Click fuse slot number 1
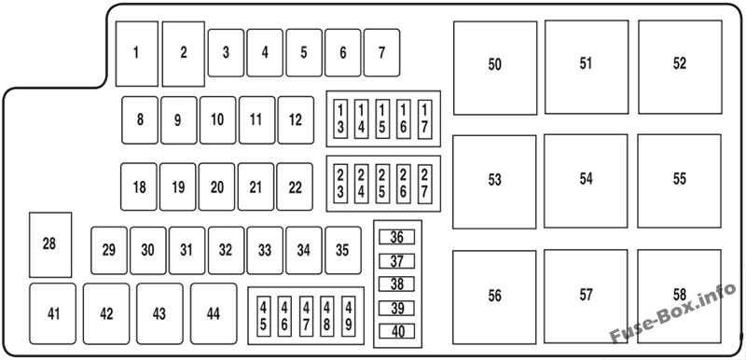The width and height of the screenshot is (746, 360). click(136, 54)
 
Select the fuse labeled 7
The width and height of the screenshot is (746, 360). click(381, 53)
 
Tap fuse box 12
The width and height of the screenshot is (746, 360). click(296, 119)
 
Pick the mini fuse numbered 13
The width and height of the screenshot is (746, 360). click(340, 118)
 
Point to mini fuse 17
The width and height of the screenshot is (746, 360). click(425, 118)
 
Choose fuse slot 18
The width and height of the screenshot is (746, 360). click(138, 187)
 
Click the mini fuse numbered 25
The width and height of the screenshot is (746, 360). click(382, 184)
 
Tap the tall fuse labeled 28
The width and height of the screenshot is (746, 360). click(50, 245)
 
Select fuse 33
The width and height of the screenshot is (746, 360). click(265, 250)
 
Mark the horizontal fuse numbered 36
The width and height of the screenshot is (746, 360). click(397, 237)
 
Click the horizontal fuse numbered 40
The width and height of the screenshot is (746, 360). click(397, 331)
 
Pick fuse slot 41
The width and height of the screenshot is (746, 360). click(52, 314)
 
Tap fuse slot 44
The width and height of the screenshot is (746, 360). click(214, 314)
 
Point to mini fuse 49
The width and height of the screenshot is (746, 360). click(349, 316)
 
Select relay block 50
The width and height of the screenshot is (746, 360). click(495, 68)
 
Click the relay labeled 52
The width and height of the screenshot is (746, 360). click(680, 67)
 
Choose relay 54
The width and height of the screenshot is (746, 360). click(586, 181)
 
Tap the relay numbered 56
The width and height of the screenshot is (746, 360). click(494, 298)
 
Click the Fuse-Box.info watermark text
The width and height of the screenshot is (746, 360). click(672, 314)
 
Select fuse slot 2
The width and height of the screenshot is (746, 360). click(184, 54)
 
